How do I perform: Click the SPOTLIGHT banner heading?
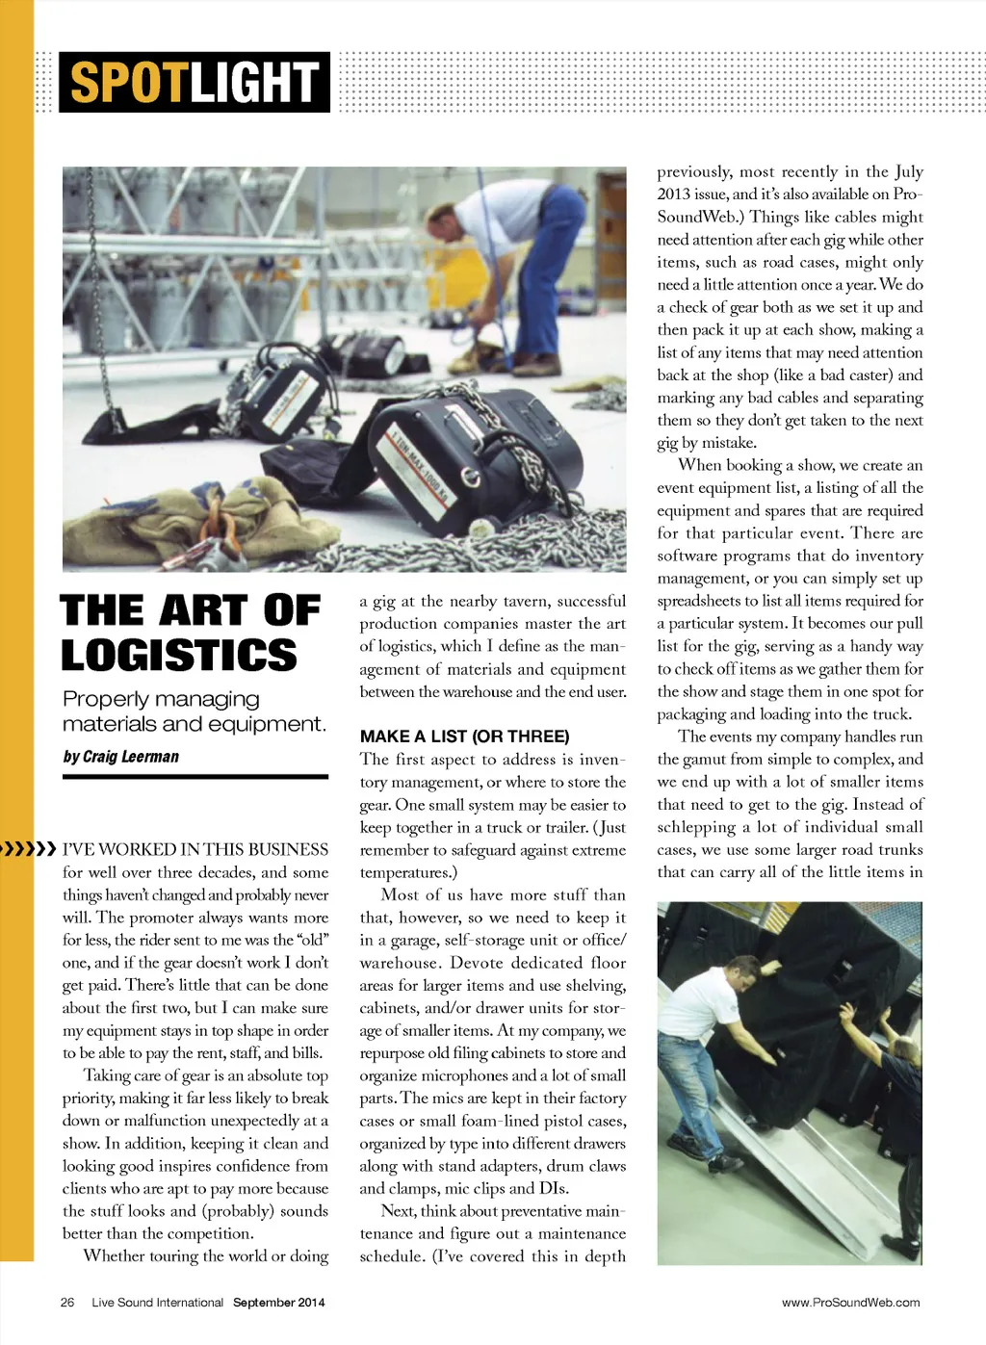pos(194,82)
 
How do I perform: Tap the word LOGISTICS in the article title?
pos(179,655)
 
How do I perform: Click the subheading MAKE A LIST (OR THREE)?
pos(464,737)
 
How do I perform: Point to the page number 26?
pos(67,1303)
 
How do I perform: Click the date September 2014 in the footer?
pos(278,1303)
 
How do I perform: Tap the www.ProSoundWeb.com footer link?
pos(850,1303)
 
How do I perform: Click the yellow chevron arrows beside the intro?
pos(29,849)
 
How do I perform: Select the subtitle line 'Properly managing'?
pos(161,699)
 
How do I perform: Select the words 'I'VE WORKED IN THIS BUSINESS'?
pos(195,849)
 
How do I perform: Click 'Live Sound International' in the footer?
pos(157,1303)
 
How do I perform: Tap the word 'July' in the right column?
pos(908,171)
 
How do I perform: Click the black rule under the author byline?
pos(195,776)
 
